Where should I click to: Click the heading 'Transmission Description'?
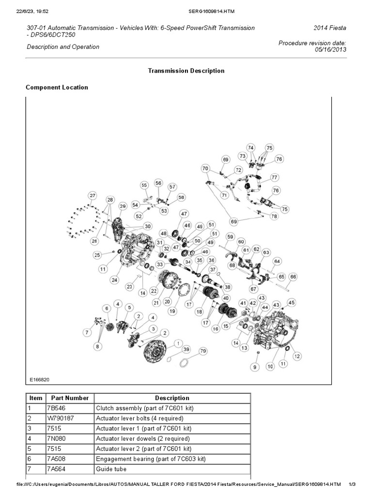186,71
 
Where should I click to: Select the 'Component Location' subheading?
57,88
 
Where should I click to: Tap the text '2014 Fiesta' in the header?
330,28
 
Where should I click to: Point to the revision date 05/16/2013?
331,50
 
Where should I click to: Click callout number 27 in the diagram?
92,196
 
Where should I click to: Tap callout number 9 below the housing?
255,368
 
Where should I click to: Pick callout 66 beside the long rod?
293,277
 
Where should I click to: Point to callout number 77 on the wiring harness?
274,177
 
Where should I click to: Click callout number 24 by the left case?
114,279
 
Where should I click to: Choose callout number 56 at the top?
158,183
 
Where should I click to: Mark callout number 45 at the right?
291,302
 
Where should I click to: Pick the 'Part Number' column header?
70,398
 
